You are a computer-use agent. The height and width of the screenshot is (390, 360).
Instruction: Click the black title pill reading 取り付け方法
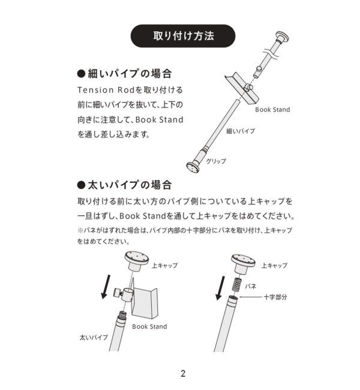pyautogui.click(x=179, y=35)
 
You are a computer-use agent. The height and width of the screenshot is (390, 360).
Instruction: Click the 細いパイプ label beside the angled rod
pyautogui.click(x=239, y=130)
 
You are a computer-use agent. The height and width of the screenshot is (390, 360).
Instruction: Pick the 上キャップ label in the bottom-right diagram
pyautogui.click(x=274, y=265)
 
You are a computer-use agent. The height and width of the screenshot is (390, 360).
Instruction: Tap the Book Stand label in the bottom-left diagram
pyautogui.click(x=149, y=327)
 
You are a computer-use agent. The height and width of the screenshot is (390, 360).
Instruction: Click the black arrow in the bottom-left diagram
pyautogui.click(x=106, y=286)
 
